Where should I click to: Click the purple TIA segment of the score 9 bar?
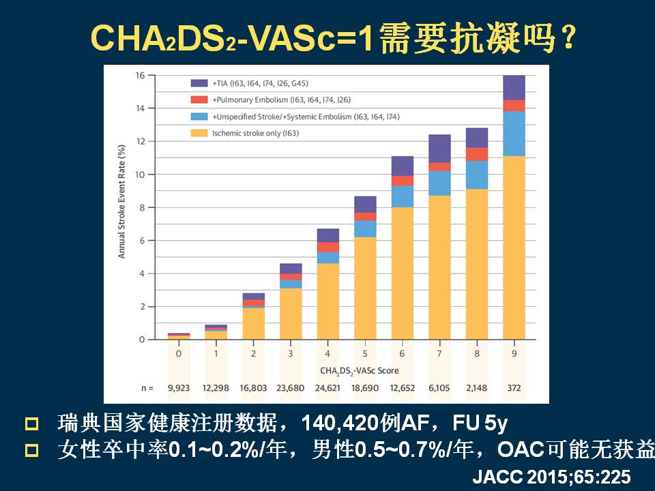tap(514, 88)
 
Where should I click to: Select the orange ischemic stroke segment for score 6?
tap(403, 273)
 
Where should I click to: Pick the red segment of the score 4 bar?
tap(328, 247)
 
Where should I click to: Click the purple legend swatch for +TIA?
tap(199, 83)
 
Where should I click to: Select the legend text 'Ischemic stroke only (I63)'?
tap(256, 133)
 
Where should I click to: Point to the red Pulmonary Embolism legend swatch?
tap(199, 100)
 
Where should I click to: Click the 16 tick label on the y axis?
tap(140, 75)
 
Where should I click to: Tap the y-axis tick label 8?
tap(142, 207)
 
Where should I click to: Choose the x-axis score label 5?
tap(365, 355)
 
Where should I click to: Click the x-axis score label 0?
tap(179, 355)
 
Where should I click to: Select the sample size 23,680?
tap(291, 387)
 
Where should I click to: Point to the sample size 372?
tap(514, 387)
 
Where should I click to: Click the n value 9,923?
tap(179, 387)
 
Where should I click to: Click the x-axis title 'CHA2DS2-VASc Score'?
tap(359, 370)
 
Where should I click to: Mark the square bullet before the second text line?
tap(31, 450)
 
